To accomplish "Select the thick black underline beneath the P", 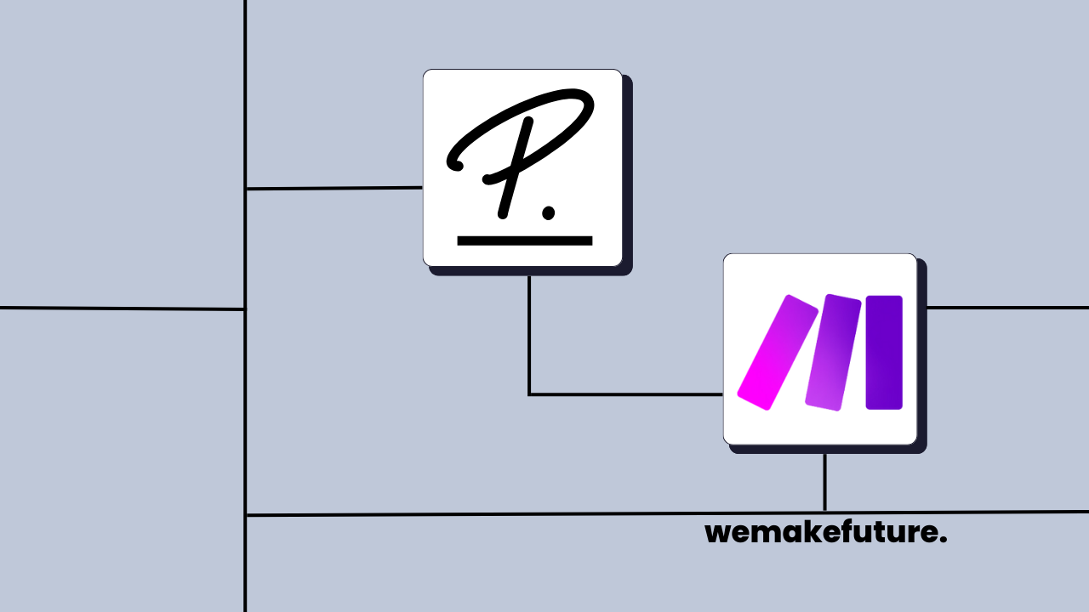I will [x=524, y=241].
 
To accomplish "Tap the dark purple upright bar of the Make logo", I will [x=884, y=352].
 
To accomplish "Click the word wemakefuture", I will [x=825, y=533].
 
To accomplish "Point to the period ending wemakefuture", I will [x=943, y=541].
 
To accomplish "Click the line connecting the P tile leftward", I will [x=334, y=188].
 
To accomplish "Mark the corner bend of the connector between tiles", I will [x=529, y=394].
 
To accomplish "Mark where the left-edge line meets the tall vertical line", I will [x=245, y=309].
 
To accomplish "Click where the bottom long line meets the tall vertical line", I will [x=245, y=515].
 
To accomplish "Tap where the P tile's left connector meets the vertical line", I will [x=245, y=189].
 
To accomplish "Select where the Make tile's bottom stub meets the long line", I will [x=824, y=512].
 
